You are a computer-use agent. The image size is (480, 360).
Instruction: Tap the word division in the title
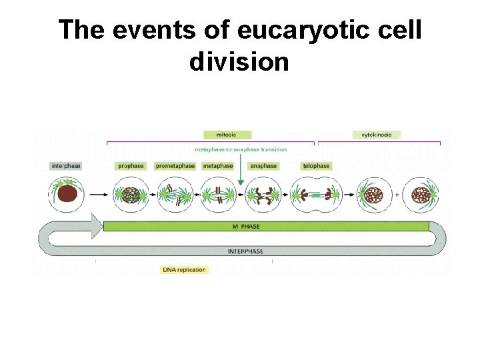(x=239, y=62)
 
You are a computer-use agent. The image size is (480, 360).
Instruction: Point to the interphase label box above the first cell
(x=66, y=166)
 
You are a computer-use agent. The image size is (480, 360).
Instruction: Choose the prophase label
(x=131, y=166)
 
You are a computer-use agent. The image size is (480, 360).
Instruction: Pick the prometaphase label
(x=175, y=166)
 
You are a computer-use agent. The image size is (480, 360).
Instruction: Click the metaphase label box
(x=218, y=166)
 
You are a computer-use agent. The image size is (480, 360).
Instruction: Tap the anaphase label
(x=263, y=166)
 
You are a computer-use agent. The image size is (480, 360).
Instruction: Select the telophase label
(x=316, y=166)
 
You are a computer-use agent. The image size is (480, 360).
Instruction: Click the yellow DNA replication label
(x=184, y=270)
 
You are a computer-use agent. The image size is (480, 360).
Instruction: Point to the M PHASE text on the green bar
(x=246, y=227)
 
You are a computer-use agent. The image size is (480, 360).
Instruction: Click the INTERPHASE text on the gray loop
(x=245, y=251)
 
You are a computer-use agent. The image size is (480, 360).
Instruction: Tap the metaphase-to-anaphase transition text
(x=241, y=149)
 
